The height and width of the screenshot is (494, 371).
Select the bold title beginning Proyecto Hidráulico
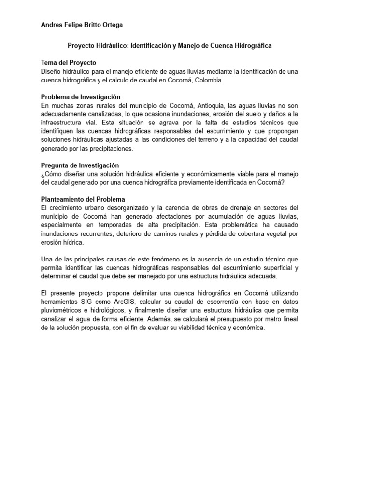click(169, 45)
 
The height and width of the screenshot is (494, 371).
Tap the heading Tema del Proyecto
click(69, 63)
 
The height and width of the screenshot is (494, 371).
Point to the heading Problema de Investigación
click(81, 97)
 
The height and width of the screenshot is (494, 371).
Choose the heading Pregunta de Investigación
click(80, 165)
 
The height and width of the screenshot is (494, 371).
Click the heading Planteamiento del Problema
click(83, 199)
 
